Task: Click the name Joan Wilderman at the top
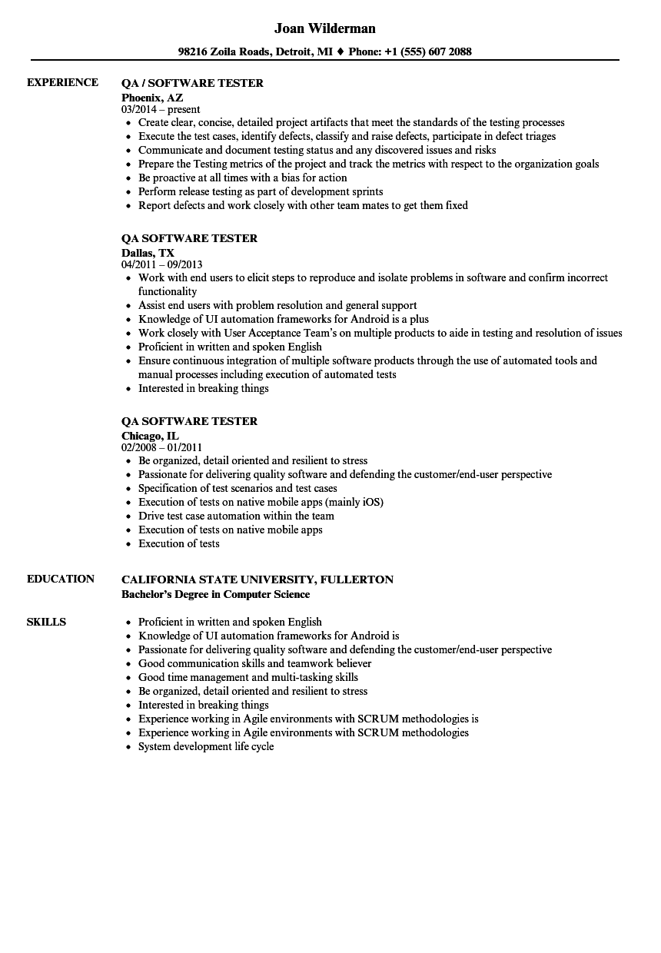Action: pyautogui.click(x=324, y=29)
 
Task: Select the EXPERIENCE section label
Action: pyautogui.click(x=62, y=82)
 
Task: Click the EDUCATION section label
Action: pyautogui.click(x=61, y=579)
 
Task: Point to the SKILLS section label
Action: pyautogui.click(x=46, y=622)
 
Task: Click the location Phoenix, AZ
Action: pyautogui.click(x=152, y=97)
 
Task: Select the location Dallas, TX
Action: pyautogui.click(x=148, y=252)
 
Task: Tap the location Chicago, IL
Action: pyautogui.click(x=150, y=435)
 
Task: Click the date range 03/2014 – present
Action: pyautogui.click(x=161, y=110)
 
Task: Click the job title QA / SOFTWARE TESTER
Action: pyautogui.click(x=192, y=83)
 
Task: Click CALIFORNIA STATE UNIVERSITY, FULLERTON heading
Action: pyautogui.click(x=257, y=579)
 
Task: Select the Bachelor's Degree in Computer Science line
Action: pyautogui.click(x=216, y=594)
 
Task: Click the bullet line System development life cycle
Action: pyautogui.click(x=206, y=746)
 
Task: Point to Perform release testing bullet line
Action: pyautogui.click(x=261, y=191)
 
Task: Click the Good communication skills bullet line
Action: pyautogui.click(x=254, y=663)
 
